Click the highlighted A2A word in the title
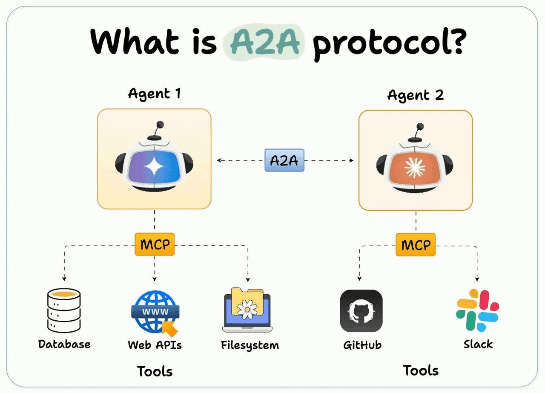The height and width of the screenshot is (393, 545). [x=264, y=43]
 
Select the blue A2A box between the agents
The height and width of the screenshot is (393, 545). [x=284, y=160]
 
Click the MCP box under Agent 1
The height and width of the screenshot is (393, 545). [x=155, y=245]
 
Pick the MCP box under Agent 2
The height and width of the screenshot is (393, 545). [x=416, y=245]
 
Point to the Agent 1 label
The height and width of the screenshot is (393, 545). [x=154, y=93]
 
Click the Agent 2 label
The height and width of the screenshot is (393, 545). [x=416, y=95]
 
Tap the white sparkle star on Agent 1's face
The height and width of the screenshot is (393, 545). [x=154, y=167]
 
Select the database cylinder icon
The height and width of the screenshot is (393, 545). [x=64, y=310]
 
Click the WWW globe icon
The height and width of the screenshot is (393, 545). [x=154, y=312]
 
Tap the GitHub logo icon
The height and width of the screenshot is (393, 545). [x=361, y=311]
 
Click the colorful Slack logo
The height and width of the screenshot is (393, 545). [x=477, y=310]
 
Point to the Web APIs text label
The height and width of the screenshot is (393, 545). [x=155, y=345]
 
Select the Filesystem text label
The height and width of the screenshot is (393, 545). [x=250, y=345]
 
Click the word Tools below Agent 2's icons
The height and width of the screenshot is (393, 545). [x=421, y=370]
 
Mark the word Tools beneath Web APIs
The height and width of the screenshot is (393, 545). [x=155, y=371]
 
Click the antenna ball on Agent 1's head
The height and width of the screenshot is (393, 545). [x=161, y=125]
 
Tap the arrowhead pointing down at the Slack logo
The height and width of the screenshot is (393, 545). [x=477, y=279]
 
